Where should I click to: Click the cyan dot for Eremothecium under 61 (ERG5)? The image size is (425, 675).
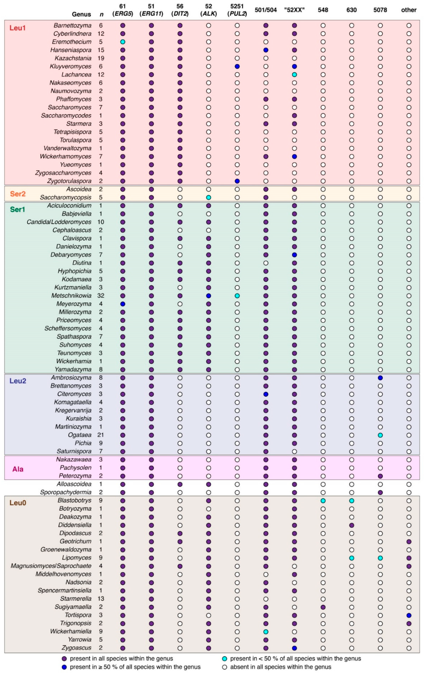(x=122, y=42)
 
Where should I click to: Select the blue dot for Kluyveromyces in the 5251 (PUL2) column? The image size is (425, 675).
(x=237, y=66)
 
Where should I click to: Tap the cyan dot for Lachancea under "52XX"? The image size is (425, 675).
(x=294, y=75)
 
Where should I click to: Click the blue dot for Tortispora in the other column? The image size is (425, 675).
(x=409, y=616)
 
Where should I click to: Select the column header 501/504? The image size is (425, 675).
(x=266, y=10)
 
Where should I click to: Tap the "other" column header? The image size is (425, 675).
(x=409, y=10)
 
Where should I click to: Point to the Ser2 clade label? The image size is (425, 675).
(x=18, y=194)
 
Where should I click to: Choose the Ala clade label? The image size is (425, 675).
(x=18, y=469)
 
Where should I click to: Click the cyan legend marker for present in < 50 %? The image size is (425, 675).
(x=224, y=658)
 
